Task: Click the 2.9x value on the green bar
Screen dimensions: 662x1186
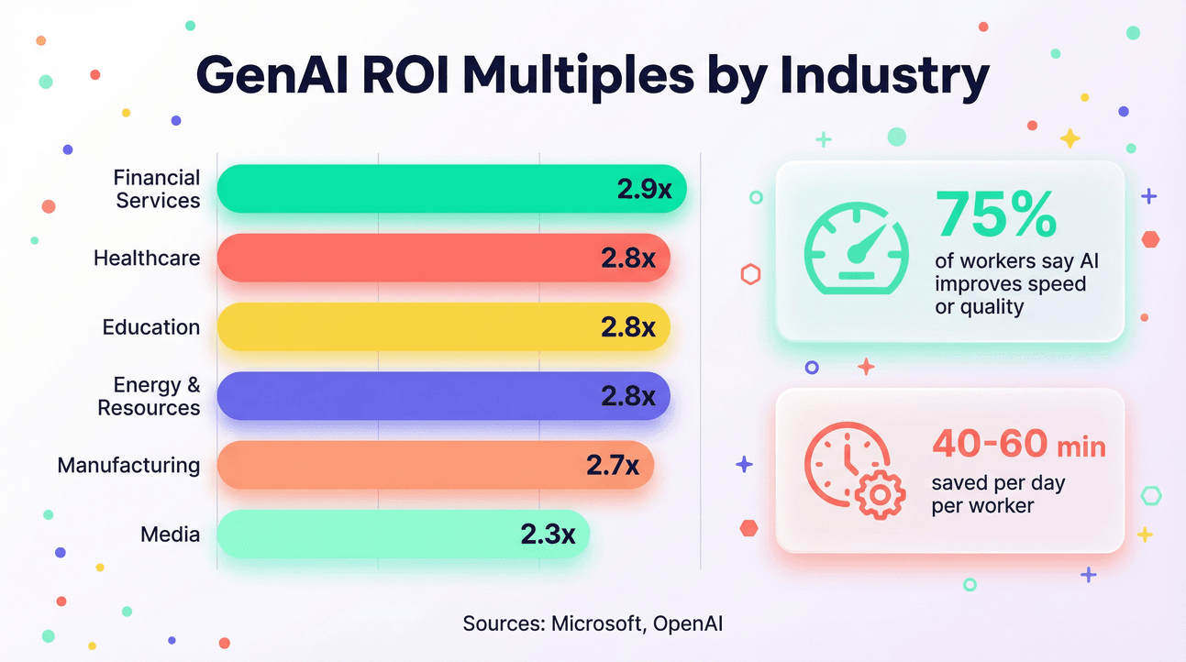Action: [x=644, y=189]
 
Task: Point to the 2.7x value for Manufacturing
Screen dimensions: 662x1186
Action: [x=612, y=465]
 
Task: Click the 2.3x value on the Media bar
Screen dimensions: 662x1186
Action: [x=548, y=534]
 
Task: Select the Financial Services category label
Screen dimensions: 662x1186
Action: [x=157, y=189]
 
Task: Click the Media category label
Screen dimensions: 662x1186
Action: [x=170, y=534]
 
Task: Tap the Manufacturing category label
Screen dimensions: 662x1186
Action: [x=128, y=465]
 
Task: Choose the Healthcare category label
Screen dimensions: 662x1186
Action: [x=147, y=258]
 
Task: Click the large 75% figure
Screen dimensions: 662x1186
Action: [x=995, y=214]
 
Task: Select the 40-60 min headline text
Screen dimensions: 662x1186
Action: [x=1018, y=446]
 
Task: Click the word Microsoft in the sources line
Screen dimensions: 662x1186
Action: [x=595, y=624]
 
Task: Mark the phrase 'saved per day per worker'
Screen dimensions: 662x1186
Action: [x=998, y=494]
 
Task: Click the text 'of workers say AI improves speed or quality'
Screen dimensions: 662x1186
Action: [x=1015, y=283]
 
